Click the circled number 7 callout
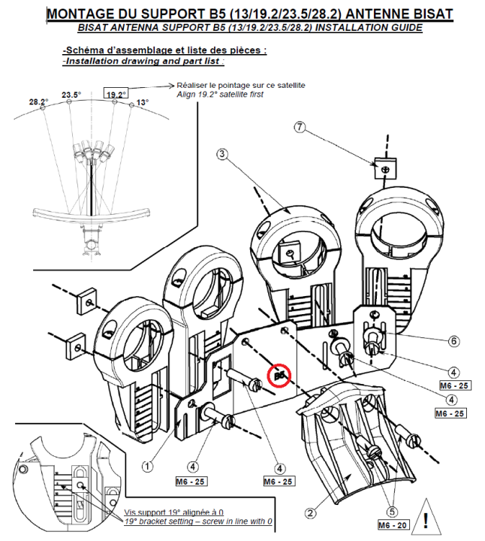click(x=300, y=128)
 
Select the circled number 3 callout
click(x=221, y=154)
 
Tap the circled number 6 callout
click(x=453, y=340)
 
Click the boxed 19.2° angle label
click(x=116, y=95)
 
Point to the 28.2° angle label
click(x=38, y=101)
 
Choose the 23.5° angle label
click(x=71, y=95)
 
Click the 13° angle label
click(x=142, y=102)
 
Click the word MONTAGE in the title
click(x=80, y=14)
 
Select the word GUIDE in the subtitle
click(x=403, y=28)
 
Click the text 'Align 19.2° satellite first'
click(x=220, y=95)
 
